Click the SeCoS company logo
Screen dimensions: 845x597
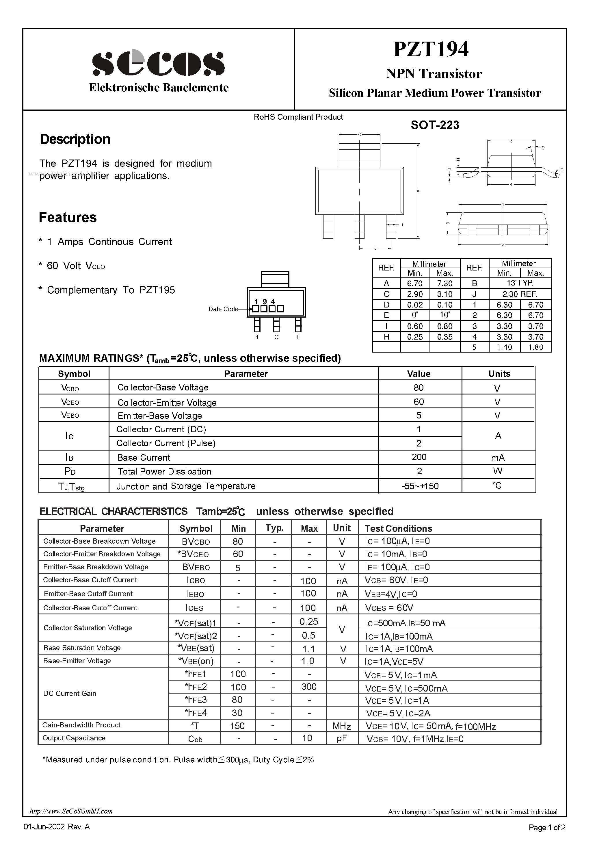tap(158, 63)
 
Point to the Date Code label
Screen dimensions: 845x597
tap(223, 309)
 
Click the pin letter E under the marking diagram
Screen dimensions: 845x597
tap(298, 337)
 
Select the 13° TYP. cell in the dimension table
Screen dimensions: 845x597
tap(520, 283)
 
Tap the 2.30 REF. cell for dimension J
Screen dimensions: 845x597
tap(520, 294)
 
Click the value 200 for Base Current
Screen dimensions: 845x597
tap(419, 457)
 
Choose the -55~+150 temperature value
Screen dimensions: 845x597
tap(420, 486)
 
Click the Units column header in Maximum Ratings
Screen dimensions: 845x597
tap(499, 374)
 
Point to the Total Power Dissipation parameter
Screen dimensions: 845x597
tap(164, 472)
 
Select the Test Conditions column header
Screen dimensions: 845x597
tap(398, 529)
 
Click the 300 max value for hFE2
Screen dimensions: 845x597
tap(309, 687)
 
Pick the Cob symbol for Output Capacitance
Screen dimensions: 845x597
tap(195, 739)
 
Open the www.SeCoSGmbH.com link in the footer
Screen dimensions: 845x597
tap(71, 811)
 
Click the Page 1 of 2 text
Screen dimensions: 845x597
tap(547, 828)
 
